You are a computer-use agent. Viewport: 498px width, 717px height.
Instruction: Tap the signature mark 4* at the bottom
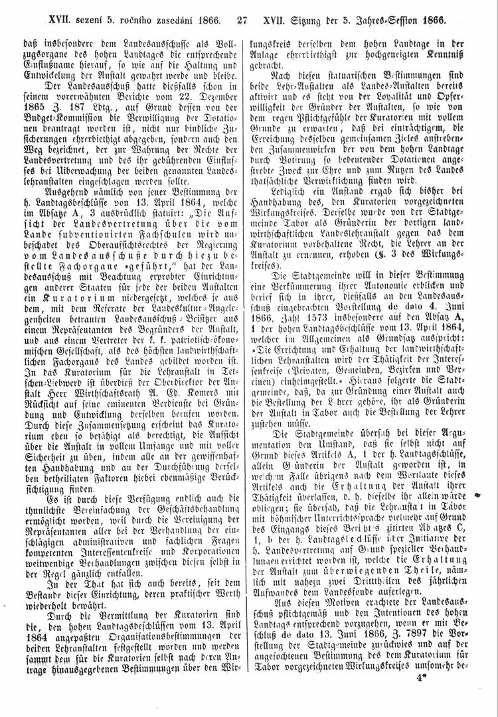[x=420, y=679]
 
